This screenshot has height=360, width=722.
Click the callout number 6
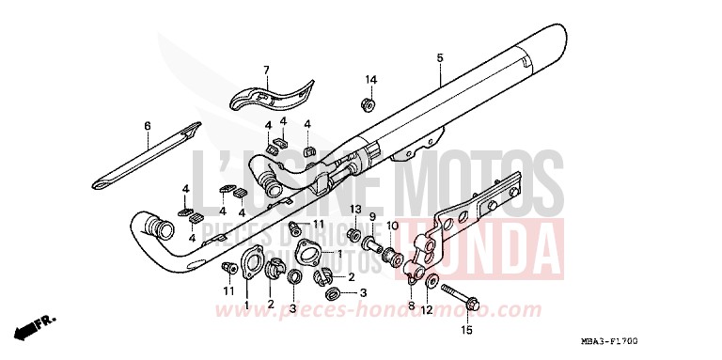coord(148,126)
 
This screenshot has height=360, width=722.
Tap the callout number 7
coord(266,70)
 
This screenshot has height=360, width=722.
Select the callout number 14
coord(370,79)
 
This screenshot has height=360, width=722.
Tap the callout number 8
coord(411,306)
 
